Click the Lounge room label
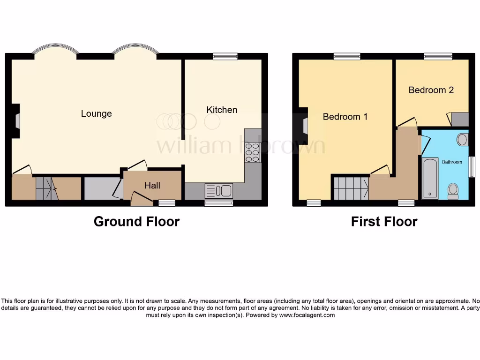point(96,113)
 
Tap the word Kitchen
point(222,110)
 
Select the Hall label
point(152,186)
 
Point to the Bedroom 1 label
point(345,117)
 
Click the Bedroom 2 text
point(431,90)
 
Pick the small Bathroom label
point(452,162)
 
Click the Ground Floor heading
point(136,221)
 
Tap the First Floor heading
point(384,221)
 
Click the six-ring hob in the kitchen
point(252,152)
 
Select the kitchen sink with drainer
point(219,191)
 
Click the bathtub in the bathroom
point(430,179)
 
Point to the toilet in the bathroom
point(453,191)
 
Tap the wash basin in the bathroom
point(462,139)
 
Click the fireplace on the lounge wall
point(17,121)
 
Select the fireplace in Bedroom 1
point(305,126)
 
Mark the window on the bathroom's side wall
point(472,166)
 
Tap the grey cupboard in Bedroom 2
point(460,119)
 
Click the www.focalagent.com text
point(307,315)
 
